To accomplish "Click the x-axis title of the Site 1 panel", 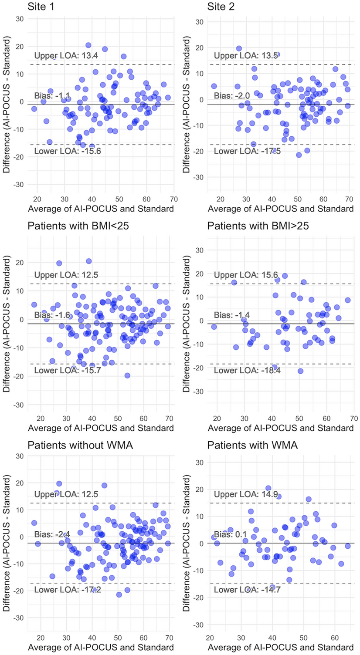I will pos(101,209).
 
